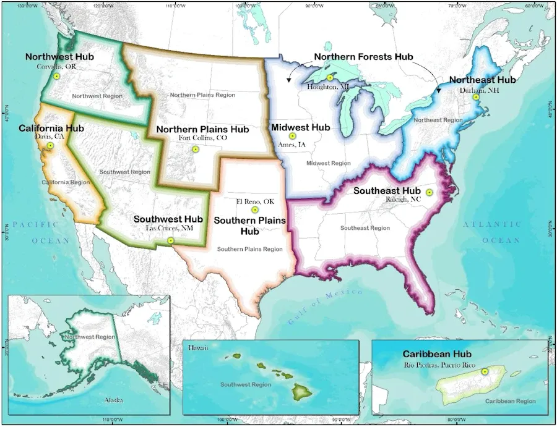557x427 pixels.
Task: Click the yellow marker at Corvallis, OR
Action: [x=56, y=76]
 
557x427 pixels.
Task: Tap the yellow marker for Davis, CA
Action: [x=50, y=146]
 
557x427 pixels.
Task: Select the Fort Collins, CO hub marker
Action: [x=195, y=149]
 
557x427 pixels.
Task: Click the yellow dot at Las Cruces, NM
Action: [x=171, y=240]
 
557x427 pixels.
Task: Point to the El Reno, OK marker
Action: [x=254, y=210]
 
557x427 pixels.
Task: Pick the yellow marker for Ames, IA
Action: [x=293, y=136]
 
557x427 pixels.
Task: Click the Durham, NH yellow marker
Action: [x=476, y=97]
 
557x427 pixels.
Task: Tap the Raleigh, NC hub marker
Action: [x=429, y=193]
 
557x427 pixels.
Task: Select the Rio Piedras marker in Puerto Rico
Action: [x=485, y=371]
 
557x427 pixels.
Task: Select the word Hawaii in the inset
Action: [x=199, y=349]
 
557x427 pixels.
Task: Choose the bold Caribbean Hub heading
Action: [x=437, y=354]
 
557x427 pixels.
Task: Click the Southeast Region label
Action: [x=365, y=228]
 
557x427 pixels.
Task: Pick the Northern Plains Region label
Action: [x=202, y=95]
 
